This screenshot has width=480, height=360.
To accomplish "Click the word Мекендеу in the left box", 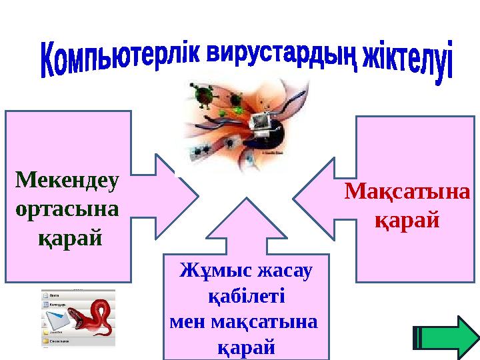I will (67, 180).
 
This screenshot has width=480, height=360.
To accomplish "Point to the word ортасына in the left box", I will (66, 208).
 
